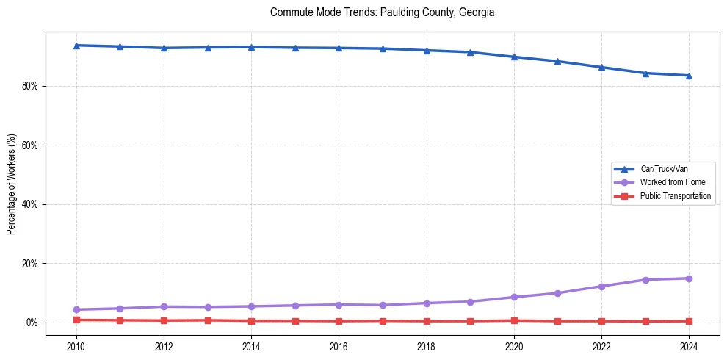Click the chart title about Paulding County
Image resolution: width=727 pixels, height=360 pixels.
coord(382,12)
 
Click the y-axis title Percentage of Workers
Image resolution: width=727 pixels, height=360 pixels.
coord(11,184)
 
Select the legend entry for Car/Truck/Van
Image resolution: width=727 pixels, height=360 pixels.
coord(664,169)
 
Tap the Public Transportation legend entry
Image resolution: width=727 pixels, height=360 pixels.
coord(675,196)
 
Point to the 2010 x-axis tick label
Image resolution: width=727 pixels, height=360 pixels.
coord(76,345)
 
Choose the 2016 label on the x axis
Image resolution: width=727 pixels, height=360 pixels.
coord(339,345)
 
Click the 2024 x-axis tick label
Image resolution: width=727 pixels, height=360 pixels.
coord(689,345)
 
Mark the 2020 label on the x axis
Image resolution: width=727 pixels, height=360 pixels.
coord(514,345)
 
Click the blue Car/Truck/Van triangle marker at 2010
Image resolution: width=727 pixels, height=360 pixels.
coord(76,46)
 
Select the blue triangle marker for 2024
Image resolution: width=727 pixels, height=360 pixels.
coord(689,76)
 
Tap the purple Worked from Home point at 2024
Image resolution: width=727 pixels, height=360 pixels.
coord(689,278)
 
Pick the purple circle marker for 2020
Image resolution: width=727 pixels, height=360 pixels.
coord(514,297)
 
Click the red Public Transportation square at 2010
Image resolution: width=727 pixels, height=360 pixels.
coord(76,320)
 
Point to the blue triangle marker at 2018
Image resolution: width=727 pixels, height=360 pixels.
coord(427,50)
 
